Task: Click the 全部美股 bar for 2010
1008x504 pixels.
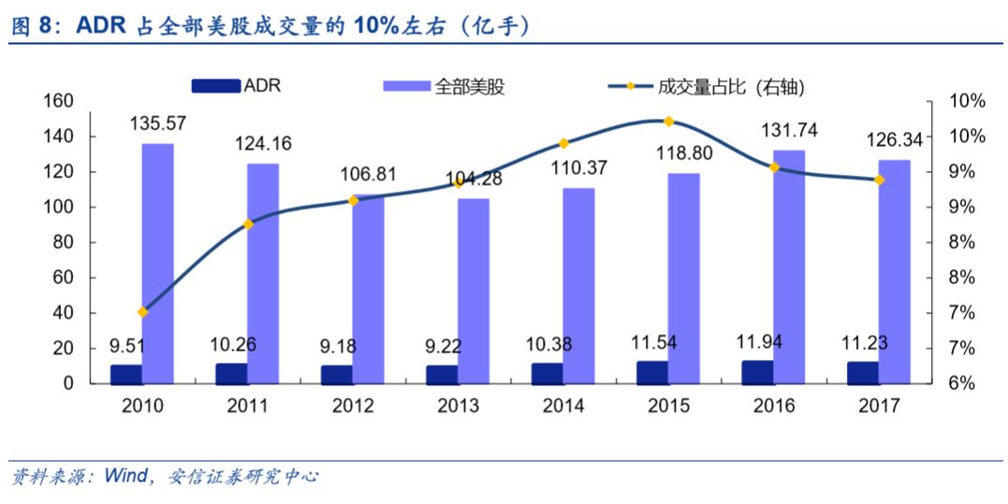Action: (x=157, y=263)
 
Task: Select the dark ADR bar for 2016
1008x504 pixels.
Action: (x=758, y=372)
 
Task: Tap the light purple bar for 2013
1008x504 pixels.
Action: (x=473, y=290)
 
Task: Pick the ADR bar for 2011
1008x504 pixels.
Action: (x=231, y=373)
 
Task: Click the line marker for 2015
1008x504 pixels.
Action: (x=668, y=122)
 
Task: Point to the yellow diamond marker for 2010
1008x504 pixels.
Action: (x=142, y=311)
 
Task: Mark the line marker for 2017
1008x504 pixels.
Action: (x=879, y=180)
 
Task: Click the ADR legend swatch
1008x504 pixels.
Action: (x=215, y=87)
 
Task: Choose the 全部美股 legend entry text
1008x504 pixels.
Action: (x=471, y=87)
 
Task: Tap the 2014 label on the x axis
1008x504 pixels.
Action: (x=563, y=406)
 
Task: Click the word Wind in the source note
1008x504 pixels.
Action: (x=126, y=477)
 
